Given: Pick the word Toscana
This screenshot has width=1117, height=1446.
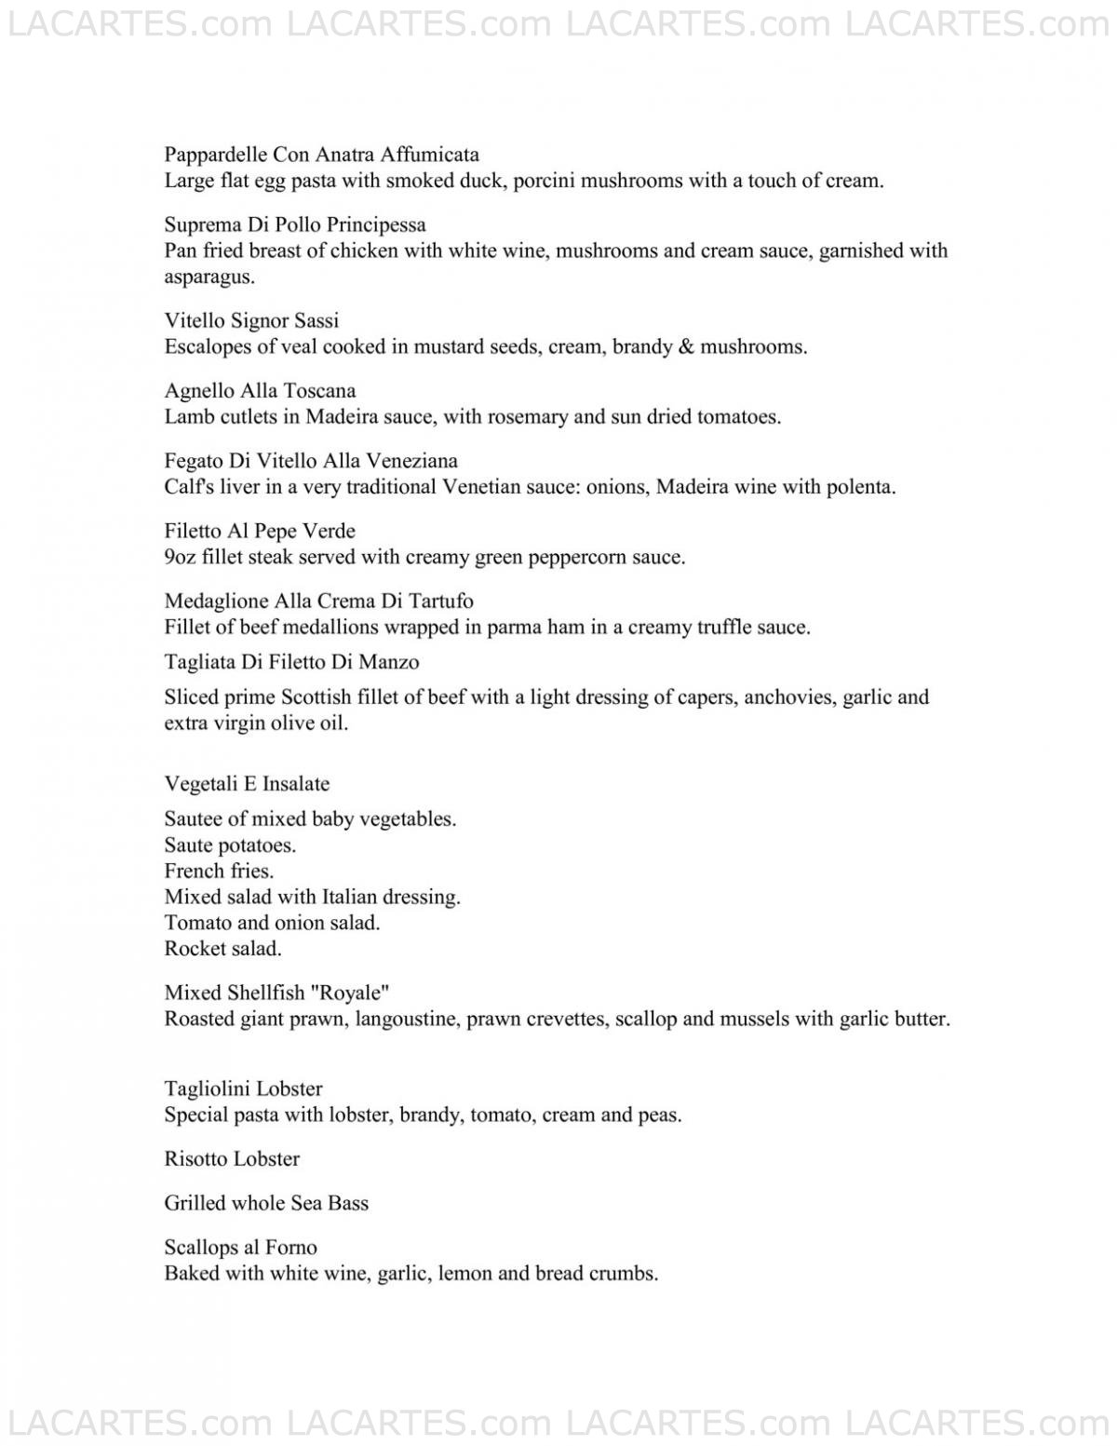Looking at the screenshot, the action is click(x=318, y=390).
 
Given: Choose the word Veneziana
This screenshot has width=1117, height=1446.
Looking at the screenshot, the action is click(x=414, y=460).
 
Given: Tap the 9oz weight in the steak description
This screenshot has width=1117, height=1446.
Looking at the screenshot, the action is click(x=179, y=557).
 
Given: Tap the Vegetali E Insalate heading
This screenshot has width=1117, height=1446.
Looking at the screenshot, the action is click(x=247, y=783).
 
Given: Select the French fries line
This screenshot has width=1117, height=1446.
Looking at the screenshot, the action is click(x=219, y=871).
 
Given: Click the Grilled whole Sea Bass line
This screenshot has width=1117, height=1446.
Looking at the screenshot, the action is click(x=266, y=1203).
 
